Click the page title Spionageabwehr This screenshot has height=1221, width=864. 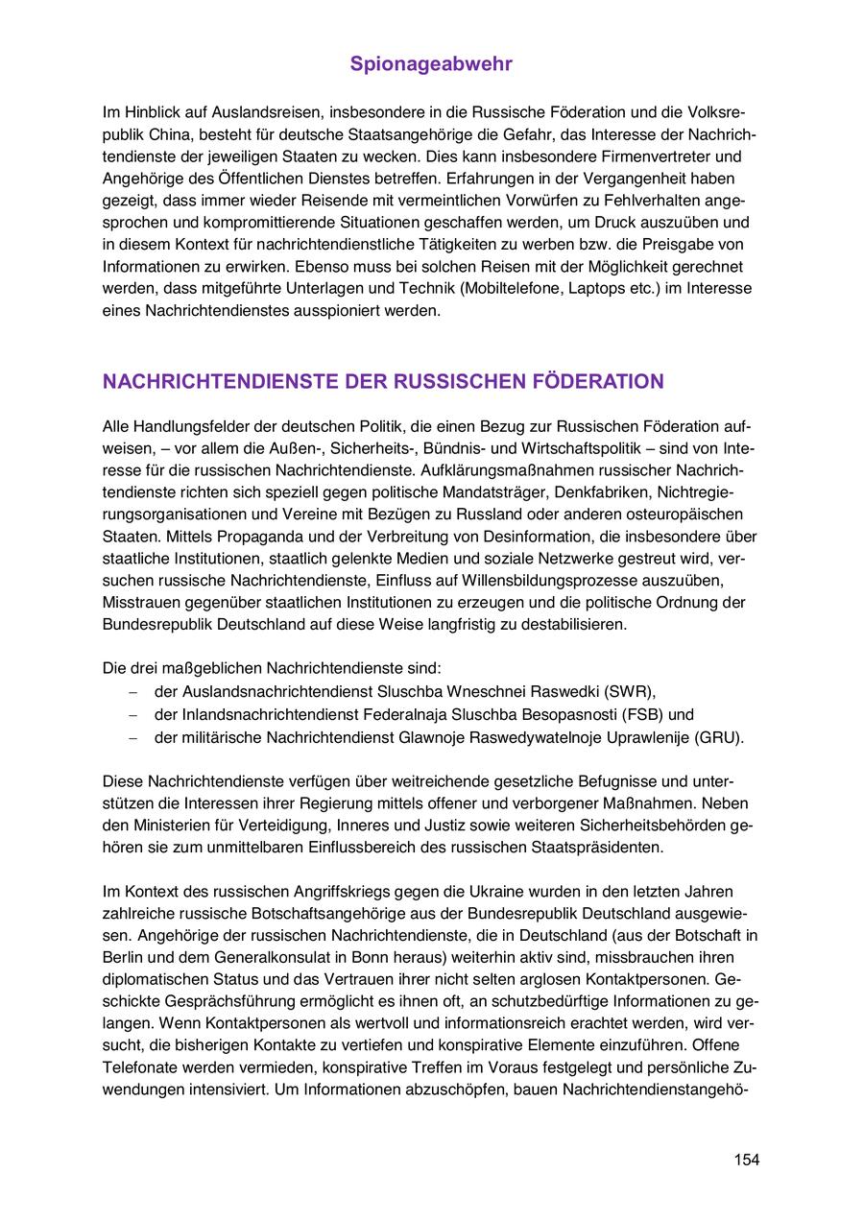431,64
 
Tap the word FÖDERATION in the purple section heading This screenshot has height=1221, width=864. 604,381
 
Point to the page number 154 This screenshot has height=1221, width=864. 746,1160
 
